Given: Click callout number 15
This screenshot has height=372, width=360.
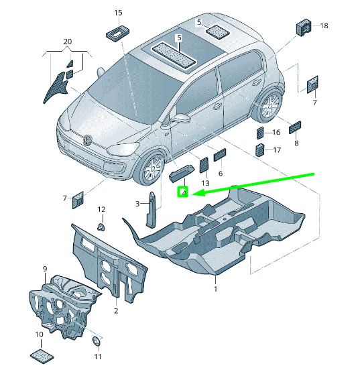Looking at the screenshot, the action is coord(118,13).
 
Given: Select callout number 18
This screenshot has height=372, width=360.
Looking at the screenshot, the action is coord(324,25).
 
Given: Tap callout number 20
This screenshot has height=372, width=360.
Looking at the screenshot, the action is coord(68,42).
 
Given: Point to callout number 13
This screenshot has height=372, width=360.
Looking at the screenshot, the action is coord(206,183).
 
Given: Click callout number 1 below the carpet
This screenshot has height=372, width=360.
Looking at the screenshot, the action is coord(215,289).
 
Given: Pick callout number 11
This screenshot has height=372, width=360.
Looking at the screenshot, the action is coord(97,357).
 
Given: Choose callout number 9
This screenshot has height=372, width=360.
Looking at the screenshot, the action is coord(45,269).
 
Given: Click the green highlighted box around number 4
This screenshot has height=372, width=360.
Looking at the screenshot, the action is coord(183,192).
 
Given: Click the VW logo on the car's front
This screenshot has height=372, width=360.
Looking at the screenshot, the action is coord(88,139).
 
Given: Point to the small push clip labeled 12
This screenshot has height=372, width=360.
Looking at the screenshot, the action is coord(102,227).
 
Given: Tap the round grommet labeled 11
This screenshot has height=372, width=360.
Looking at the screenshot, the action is coord(97,342).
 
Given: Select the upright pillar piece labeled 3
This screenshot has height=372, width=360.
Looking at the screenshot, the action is coord(151,210).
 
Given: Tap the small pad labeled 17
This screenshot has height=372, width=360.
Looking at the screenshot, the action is coord(259,149).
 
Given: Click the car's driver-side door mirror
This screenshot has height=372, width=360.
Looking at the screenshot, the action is coord(182,118).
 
